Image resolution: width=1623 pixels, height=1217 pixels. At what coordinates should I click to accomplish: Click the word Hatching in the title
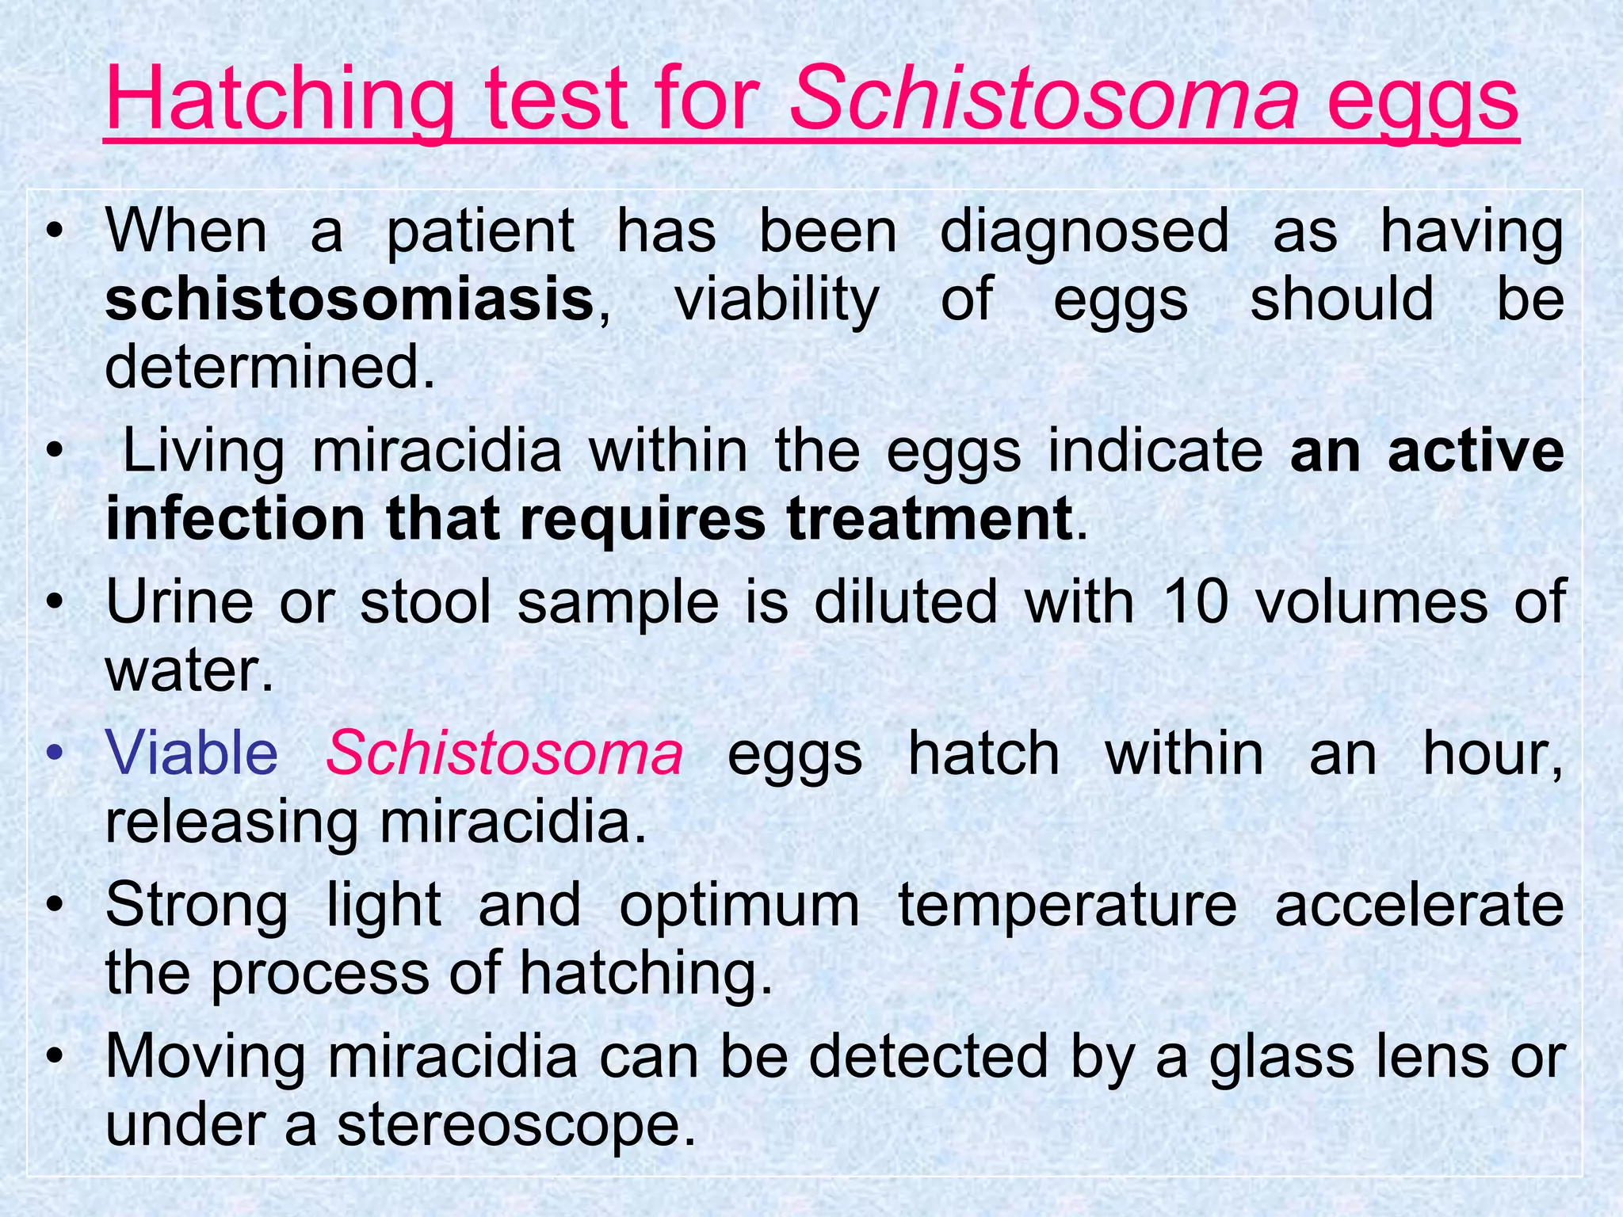279,101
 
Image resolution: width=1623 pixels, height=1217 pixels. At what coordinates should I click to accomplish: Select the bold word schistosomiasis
349,300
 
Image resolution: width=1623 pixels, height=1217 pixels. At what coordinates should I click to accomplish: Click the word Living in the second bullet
203,452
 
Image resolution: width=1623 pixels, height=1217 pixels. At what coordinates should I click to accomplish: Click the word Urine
179,602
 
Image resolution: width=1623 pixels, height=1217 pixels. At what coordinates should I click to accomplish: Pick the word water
188,670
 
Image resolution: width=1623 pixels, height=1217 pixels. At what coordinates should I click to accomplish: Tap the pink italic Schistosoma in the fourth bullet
504,753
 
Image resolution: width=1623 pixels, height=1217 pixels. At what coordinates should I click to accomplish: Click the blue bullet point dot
54,752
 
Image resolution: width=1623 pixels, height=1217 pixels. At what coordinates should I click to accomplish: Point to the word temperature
1067,906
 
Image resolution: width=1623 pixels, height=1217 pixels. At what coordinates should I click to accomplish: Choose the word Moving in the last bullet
205,1058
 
